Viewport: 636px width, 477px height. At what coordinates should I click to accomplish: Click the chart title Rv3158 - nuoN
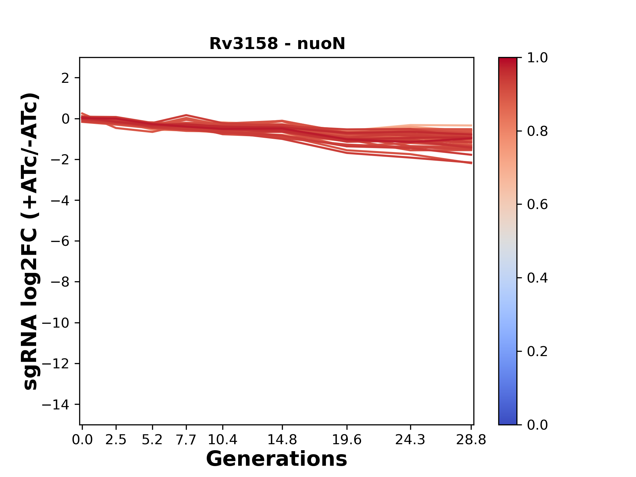point(277,44)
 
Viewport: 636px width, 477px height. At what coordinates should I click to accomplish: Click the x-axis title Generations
point(277,459)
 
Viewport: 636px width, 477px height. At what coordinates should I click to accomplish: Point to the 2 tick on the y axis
point(65,78)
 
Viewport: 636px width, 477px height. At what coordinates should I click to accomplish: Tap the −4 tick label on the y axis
point(60,200)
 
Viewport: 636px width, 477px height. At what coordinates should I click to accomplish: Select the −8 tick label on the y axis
point(60,282)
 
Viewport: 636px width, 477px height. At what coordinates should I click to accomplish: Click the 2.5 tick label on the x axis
point(116,440)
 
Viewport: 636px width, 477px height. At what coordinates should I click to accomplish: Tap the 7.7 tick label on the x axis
point(186,440)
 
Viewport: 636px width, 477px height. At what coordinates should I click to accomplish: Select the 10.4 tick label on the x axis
point(222,440)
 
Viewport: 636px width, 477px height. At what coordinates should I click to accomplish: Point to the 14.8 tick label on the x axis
point(282,440)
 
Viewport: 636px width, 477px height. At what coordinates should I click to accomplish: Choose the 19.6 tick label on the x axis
point(347,440)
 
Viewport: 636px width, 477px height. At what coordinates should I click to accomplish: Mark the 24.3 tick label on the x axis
point(410,440)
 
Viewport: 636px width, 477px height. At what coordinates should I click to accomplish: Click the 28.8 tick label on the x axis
point(471,440)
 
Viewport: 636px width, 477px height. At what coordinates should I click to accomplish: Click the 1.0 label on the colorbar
point(537,58)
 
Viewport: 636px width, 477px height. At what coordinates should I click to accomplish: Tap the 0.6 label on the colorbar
point(537,205)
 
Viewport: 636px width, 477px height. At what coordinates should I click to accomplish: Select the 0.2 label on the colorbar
point(537,351)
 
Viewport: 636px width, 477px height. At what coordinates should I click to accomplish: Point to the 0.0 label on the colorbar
point(537,425)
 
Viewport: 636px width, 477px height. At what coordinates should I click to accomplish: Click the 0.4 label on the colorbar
point(537,278)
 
